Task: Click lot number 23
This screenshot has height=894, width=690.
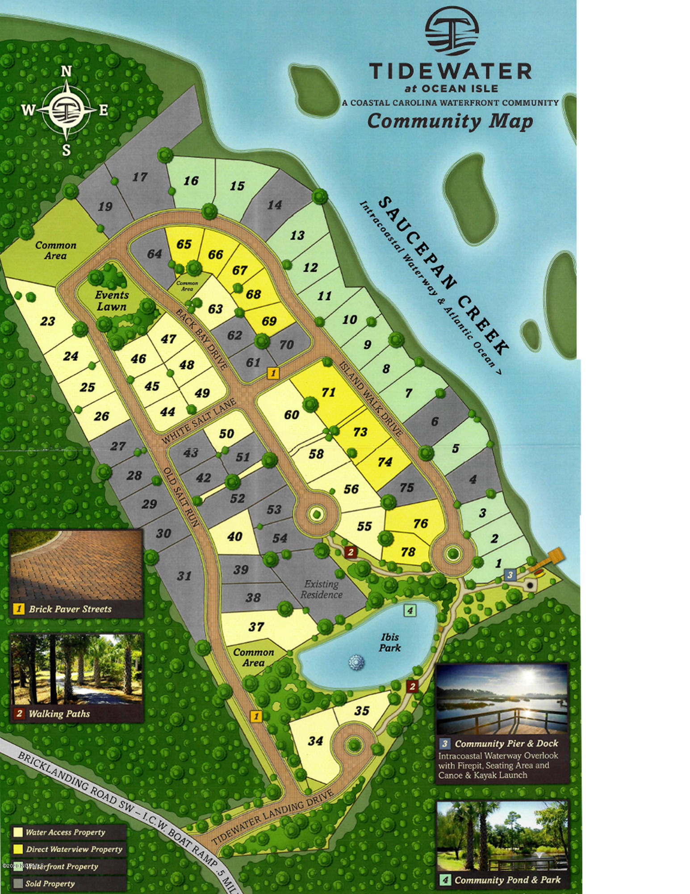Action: click(x=48, y=321)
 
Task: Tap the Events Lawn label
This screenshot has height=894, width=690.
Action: click(x=112, y=301)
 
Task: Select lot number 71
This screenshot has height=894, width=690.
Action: click(x=328, y=392)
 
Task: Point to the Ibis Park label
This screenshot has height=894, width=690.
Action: click(x=390, y=642)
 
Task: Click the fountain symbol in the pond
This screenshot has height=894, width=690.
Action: click(x=356, y=662)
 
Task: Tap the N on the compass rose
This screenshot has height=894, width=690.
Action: click(x=67, y=72)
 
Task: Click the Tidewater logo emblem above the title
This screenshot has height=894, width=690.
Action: click(x=452, y=34)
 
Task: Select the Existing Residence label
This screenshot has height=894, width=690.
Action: click(x=322, y=589)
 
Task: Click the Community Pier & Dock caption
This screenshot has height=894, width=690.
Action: click(x=506, y=743)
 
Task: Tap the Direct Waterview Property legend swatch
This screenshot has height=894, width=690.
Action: click(x=18, y=849)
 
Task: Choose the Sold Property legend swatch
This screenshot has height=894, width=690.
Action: click(x=18, y=883)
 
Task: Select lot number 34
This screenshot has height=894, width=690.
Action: click(x=315, y=741)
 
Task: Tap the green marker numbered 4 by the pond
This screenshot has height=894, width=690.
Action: click(x=410, y=610)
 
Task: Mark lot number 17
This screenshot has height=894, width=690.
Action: click(x=140, y=177)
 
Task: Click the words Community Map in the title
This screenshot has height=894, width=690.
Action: click(x=450, y=121)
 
